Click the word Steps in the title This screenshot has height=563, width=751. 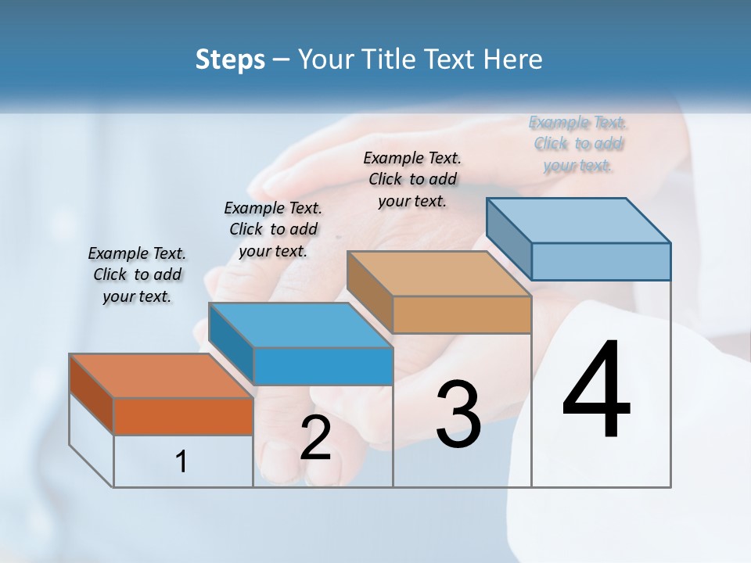229,59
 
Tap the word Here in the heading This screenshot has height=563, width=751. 512,59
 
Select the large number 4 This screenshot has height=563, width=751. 596,391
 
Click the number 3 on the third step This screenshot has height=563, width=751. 458,415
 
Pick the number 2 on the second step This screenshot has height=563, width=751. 315,439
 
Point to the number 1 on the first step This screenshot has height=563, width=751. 181,462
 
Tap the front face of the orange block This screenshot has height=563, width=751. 183,416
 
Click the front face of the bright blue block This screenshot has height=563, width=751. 322,366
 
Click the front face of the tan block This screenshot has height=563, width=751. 462,315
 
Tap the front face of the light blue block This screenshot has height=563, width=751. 601,261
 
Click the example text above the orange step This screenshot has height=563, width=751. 137,274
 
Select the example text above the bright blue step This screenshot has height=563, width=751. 273,229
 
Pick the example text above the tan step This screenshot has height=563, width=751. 412,179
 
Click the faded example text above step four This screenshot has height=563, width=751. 578,144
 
